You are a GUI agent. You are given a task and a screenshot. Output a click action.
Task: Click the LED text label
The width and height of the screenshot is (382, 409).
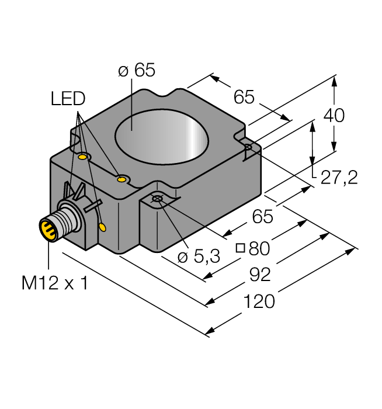68,99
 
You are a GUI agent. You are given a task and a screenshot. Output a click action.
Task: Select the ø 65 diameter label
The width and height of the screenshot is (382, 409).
136,70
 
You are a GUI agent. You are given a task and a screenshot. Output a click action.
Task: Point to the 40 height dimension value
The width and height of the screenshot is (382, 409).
334,116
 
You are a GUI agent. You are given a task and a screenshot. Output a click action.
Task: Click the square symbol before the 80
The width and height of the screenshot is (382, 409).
240,248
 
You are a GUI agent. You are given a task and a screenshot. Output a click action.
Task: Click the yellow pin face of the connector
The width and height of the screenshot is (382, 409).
46,228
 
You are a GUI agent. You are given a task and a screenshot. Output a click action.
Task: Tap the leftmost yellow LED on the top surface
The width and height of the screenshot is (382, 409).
83,157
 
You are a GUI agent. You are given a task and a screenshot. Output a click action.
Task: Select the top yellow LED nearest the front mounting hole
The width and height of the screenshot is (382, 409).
121,179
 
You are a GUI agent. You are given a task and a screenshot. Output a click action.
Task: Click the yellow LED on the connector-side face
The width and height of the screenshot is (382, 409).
103,227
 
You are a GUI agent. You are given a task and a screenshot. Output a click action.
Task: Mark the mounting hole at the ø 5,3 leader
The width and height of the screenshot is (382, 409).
157,200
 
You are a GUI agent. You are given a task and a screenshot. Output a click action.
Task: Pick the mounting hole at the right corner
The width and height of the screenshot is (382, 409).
248,147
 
